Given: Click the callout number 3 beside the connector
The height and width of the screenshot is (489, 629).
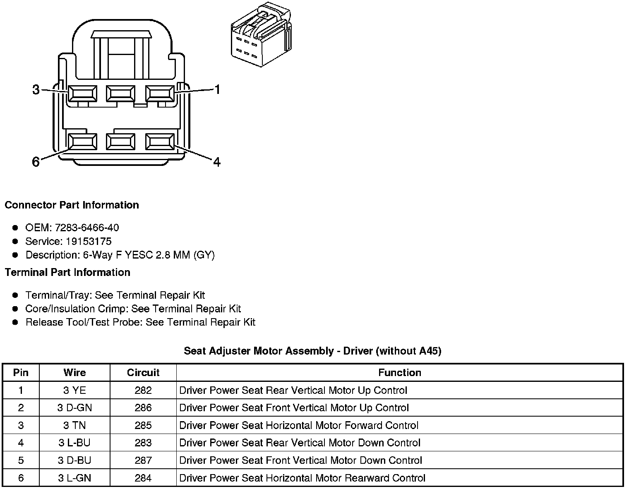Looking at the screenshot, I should click(36, 89).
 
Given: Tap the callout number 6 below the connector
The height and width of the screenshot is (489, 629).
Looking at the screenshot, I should click(36, 162).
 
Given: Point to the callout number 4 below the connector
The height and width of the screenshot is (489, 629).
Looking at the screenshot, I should click(216, 162).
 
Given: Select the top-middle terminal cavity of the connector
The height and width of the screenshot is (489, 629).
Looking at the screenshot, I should click(120, 93).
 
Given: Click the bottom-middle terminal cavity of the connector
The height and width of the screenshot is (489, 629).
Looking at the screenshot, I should click(120, 141).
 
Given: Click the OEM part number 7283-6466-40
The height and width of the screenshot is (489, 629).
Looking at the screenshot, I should click(86, 228).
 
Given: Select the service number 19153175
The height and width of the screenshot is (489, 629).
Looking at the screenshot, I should click(89, 241).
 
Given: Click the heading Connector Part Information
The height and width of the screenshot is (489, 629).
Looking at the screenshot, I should click(72, 205).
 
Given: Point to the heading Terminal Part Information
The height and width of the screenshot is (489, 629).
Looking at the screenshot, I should click(67, 272).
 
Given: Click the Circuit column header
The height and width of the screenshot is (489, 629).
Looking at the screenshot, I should click(143, 372).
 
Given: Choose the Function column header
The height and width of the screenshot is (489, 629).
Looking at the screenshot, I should click(399, 372).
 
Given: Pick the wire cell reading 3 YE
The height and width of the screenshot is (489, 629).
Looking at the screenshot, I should click(74, 390).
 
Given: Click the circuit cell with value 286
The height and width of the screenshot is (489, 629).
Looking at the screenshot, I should click(143, 407).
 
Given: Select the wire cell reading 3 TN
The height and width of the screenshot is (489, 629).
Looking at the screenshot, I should click(74, 425).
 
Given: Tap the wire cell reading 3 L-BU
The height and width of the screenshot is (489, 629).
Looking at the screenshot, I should click(74, 443).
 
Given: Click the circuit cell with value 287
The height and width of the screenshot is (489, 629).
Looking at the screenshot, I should click(143, 460).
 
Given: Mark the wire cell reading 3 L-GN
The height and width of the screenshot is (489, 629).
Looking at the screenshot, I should click(74, 478).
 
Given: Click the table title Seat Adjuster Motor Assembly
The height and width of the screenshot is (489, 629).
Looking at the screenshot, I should click(312, 351).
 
